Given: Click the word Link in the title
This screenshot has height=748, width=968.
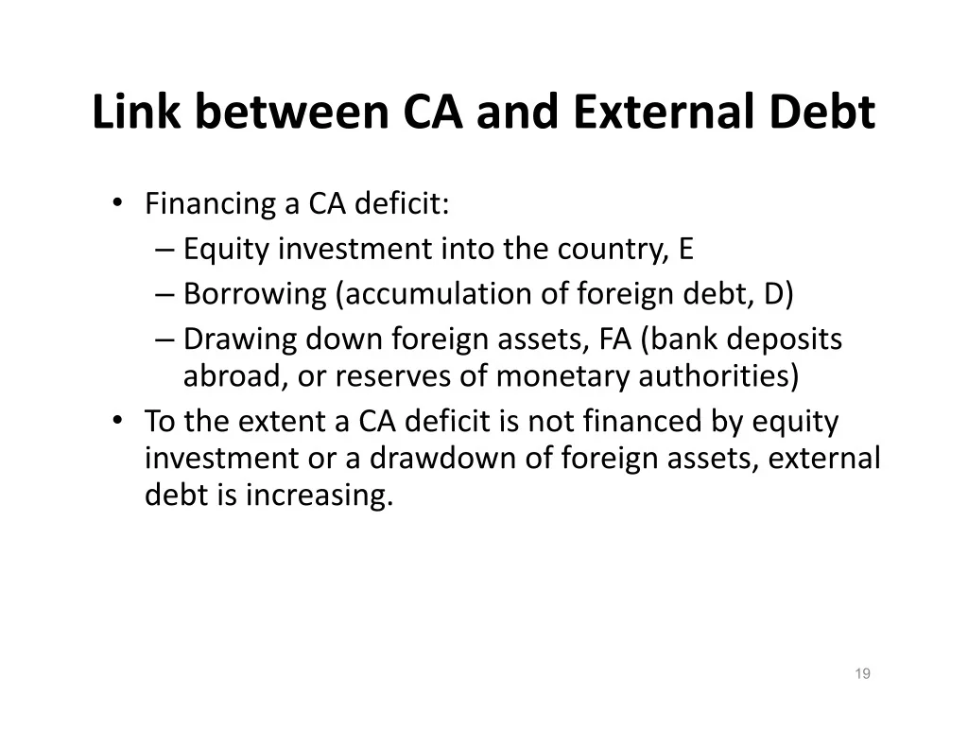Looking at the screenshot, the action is point(136,112).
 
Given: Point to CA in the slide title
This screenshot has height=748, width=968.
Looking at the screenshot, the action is point(432,112).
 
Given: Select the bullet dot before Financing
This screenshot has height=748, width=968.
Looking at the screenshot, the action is point(117,202).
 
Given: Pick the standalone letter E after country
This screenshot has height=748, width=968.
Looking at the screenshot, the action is point(686,249).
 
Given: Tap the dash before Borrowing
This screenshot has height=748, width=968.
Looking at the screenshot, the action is point(164,295).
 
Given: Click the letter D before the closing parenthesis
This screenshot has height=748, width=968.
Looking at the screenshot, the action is point(773,294).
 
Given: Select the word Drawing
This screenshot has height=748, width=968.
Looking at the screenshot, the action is point(240,340).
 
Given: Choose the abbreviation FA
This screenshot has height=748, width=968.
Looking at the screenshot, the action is point(614,339).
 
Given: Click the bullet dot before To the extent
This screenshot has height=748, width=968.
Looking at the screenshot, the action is point(117,420).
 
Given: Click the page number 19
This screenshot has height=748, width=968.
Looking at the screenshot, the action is point(862,673).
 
